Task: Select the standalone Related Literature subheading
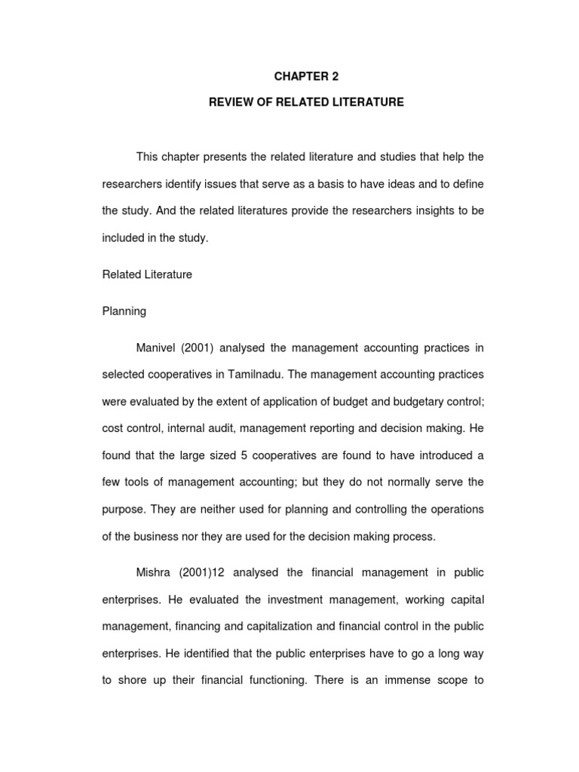pyautogui.click(x=147, y=274)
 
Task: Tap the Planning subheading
pyautogui.click(x=124, y=311)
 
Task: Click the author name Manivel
pyautogui.click(x=158, y=347)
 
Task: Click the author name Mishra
pyautogui.click(x=155, y=573)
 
